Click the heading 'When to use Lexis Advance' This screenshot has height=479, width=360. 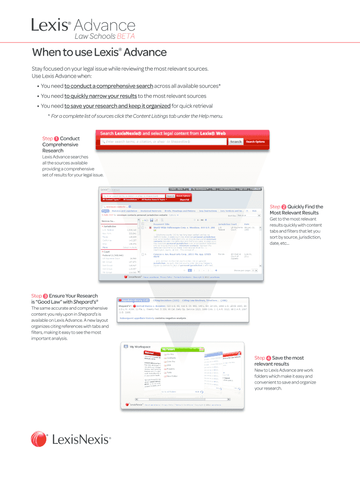(x=99, y=52)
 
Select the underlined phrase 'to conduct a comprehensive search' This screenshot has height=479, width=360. (x=109, y=86)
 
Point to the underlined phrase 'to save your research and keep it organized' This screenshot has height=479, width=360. (x=117, y=106)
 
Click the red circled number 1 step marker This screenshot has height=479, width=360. (x=56, y=138)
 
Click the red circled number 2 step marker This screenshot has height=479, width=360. (x=284, y=207)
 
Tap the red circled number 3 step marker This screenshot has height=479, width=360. (x=45, y=296)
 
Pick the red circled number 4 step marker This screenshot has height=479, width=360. (x=268, y=358)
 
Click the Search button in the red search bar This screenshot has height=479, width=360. (x=236, y=142)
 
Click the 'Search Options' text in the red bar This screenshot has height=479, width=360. (x=255, y=142)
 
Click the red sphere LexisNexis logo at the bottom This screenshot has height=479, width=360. (x=39, y=440)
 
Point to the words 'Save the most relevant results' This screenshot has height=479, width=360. (x=279, y=361)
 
